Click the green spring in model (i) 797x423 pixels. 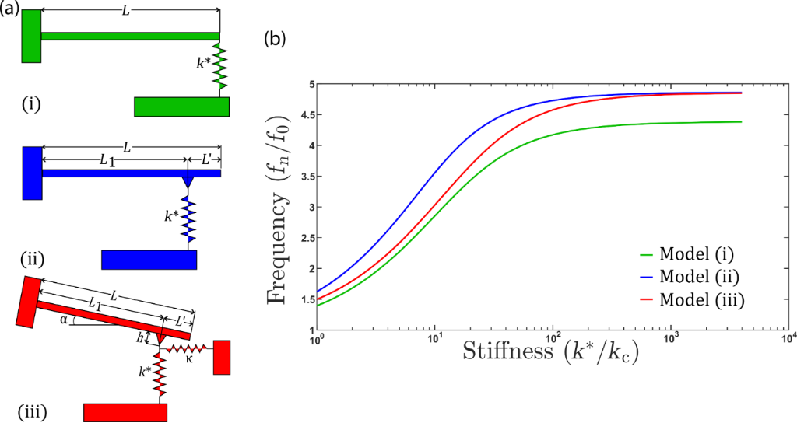[x=219, y=68]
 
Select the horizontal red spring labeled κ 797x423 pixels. [x=188, y=348]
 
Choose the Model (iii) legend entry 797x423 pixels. [x=696, y=299]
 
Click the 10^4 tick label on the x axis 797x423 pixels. [x=788, y=337]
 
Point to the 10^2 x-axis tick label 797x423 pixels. [x=552, y=337]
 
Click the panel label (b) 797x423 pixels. [x=276, y=37]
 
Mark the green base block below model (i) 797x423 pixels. [x=181, y=107]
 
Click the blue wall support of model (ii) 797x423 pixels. [x=33, y=173]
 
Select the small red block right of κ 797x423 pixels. [x=222, y=357]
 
